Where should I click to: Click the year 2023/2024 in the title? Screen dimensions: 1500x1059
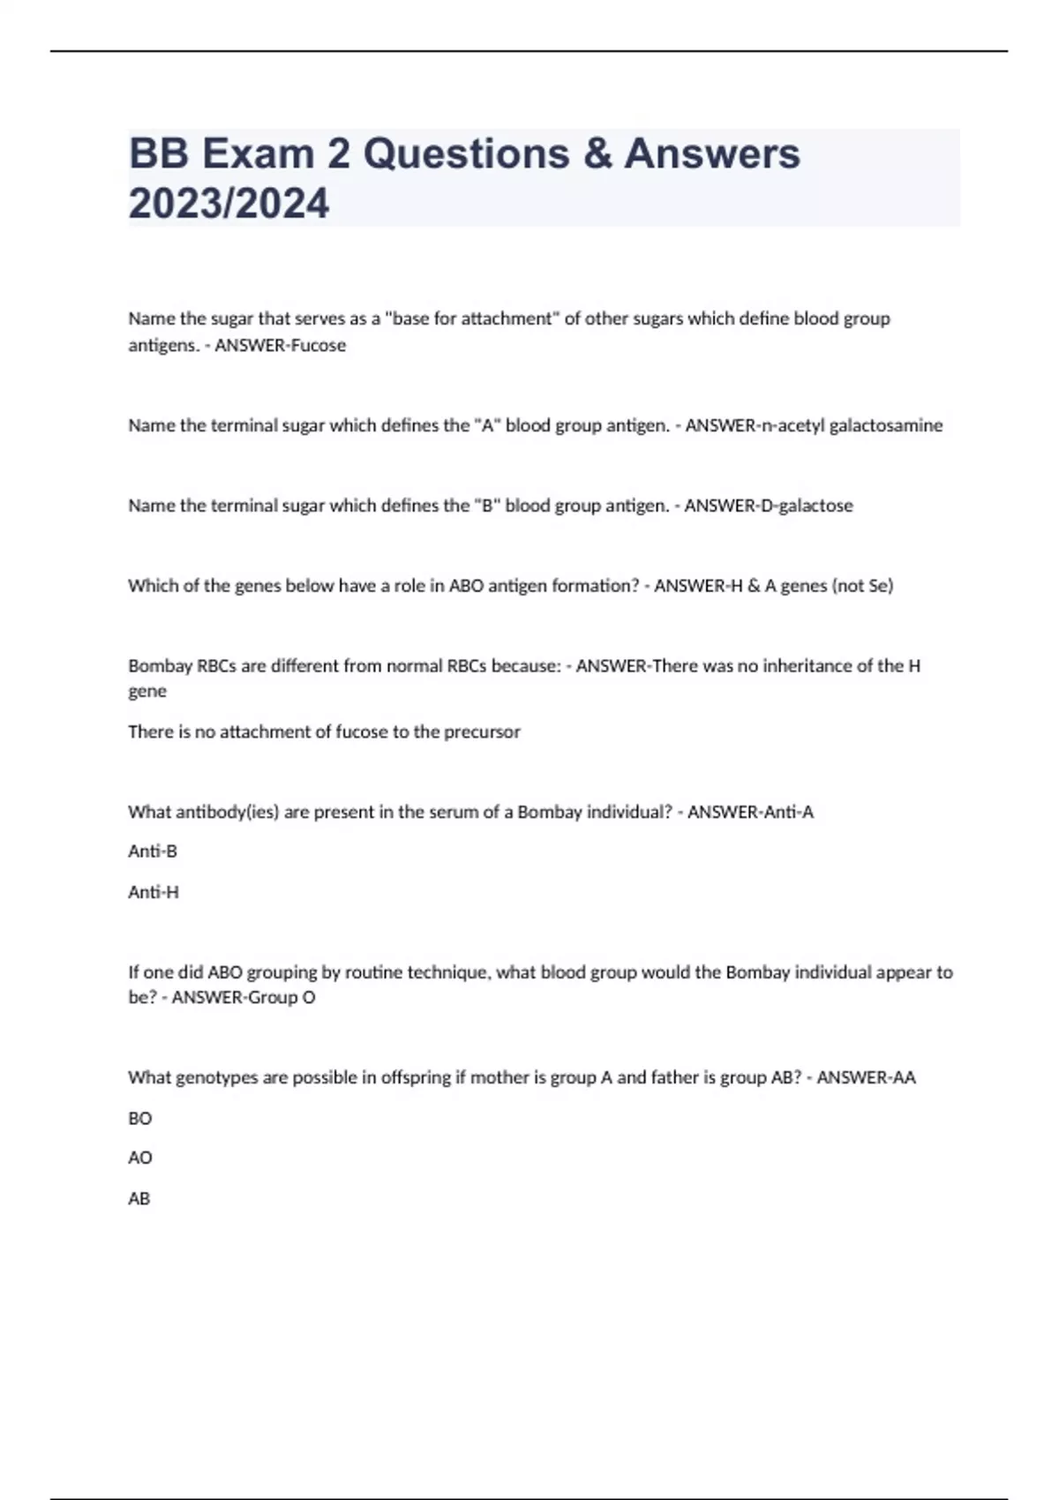pos(229,204)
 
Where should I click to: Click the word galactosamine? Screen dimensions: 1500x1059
pos(885,425)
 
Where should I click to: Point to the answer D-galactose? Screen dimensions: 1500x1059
pos(769,506)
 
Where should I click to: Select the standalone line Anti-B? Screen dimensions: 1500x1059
pos(153,851)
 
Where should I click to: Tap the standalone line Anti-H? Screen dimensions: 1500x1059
pos(154,892)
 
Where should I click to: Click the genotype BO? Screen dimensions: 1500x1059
pos(140,1118)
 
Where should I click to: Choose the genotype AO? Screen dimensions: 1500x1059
pos(140,1158)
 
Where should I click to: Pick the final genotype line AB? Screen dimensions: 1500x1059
pos(139,1198)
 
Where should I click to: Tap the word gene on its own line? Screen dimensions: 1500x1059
pos(147,692)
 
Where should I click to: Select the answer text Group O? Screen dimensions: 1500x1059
pos(280,998)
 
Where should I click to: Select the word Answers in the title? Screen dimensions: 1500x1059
pos(712,154)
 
